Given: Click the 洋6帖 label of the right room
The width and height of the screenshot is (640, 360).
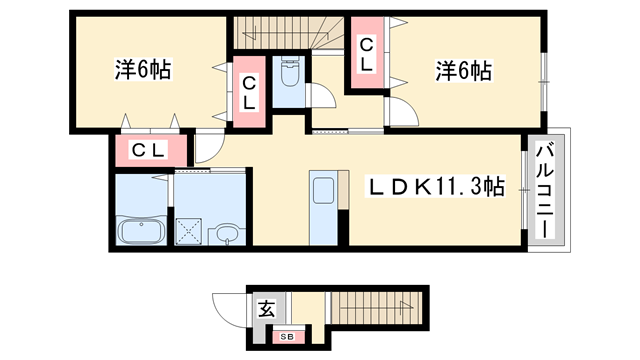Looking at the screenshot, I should (463, 71).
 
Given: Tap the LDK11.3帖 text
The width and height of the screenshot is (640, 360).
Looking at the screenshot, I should (438, 187).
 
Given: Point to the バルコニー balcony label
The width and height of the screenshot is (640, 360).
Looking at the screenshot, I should (546, 189).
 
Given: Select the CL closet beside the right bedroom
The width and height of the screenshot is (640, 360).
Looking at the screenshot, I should (368, 53).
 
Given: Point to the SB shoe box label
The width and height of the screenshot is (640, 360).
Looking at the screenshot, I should (286, 337).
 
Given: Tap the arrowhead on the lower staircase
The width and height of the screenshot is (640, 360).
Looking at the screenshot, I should (405, 307).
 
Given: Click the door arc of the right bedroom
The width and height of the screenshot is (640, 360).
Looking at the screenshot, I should (397, 113).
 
